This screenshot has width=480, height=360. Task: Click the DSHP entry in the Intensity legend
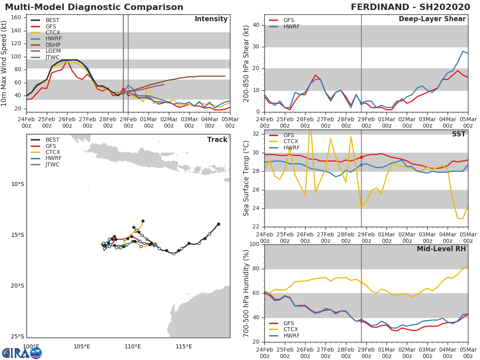click(x=52, y=45)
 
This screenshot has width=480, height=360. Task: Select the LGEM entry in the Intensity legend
click(x=52, y=51)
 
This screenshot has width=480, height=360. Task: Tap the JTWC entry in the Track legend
click(x=52, y=164)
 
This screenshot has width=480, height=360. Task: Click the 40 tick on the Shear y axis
click(x=257, y=25)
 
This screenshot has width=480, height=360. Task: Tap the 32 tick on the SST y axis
click(x=257, y=134)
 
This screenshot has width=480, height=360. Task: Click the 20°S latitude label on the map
click(x=17, y=286)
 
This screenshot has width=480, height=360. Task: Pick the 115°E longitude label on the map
click(x=184, y=346)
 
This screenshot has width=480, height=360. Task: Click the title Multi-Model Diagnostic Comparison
click(x=94, y=7)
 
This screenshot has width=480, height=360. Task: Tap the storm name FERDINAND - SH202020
click(x=410, y=7)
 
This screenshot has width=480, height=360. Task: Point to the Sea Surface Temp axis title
click(x=246, y=178)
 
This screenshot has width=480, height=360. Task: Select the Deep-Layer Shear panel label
click(x=432, y=19)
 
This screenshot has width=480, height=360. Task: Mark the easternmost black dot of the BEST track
click(x=218, y=224)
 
